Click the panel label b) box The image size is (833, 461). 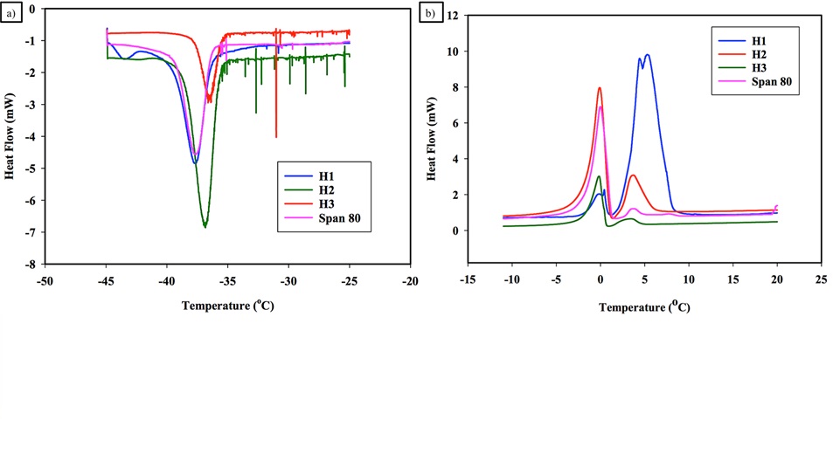[x=429, y=15]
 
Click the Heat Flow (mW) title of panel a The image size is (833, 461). [x=10, y=135]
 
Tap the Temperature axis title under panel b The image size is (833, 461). [x=644, y=307]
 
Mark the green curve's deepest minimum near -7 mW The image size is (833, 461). [x=205, y=227]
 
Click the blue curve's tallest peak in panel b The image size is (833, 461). [x=647, y=54]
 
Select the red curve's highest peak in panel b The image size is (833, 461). [x=600, y=87]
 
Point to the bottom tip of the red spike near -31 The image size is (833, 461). [x=276, y=137]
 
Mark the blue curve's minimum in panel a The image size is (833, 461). [x=195, y=163]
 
